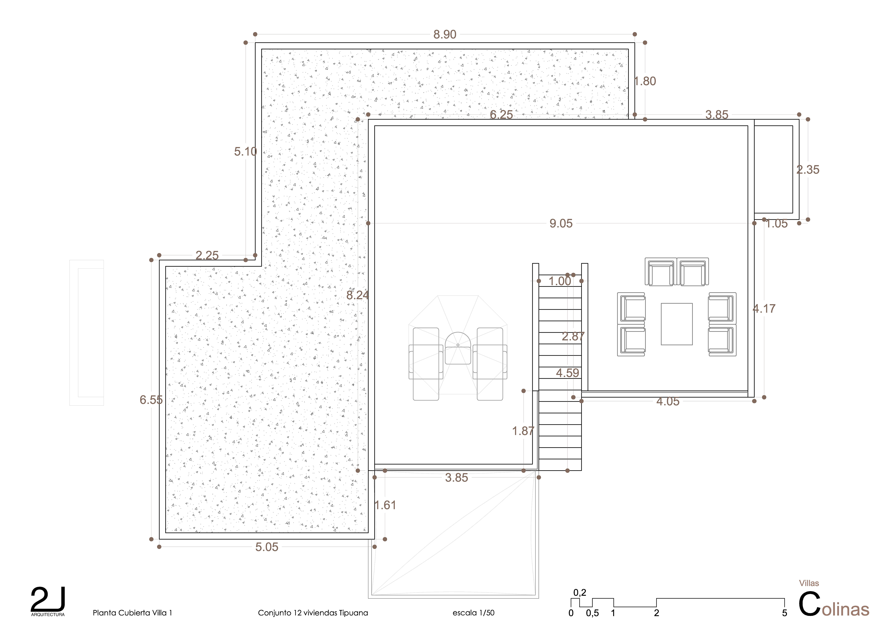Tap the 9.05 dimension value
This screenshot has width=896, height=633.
(561, 223)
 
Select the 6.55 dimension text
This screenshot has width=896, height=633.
(151, 400)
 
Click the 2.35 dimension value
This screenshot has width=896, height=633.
(808, 170)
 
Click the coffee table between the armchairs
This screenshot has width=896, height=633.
(677, 324)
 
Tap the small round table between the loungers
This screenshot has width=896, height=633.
(458, 348)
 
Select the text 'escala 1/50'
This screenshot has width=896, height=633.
(473, 613)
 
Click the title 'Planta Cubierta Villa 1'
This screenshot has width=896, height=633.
(132, 613)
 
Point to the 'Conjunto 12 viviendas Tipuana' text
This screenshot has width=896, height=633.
(313, 613)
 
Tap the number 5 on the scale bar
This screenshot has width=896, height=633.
(784, 613)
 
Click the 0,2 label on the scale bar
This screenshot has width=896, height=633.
(580, 593)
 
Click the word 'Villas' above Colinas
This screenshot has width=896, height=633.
(809, 583)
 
